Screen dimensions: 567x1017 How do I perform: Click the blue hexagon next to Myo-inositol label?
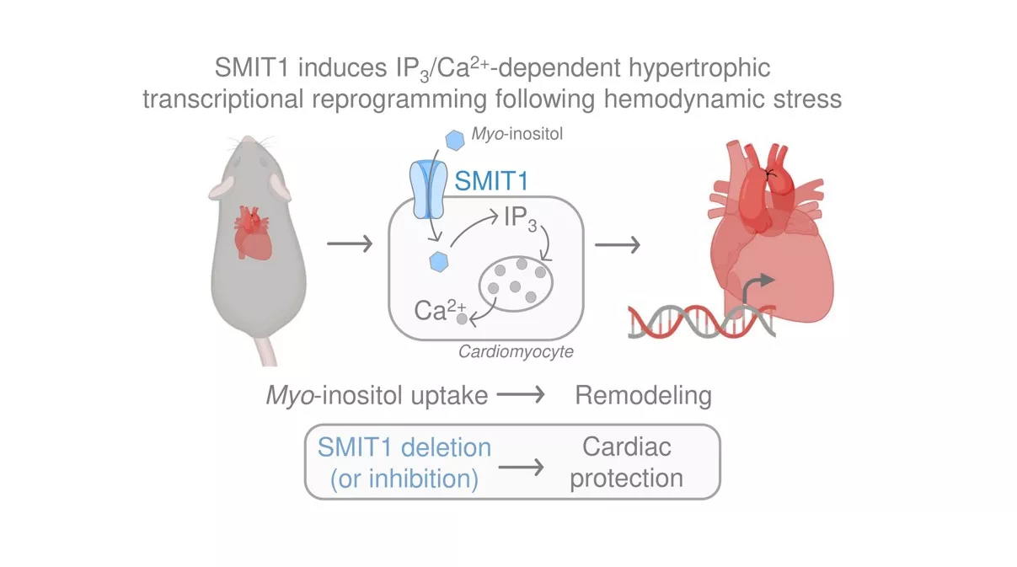point(455,139)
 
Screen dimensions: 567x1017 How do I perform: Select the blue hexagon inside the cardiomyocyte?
point(437,261)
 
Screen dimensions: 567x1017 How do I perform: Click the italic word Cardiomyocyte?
point(515,351)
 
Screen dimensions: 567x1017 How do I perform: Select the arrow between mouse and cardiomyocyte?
point(349,245)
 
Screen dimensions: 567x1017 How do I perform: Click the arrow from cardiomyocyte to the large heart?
point(617,245)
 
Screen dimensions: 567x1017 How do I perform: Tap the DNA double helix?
point(699,322)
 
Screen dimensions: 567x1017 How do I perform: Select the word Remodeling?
point(643,395)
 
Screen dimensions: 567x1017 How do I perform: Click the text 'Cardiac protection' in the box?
point(626,462)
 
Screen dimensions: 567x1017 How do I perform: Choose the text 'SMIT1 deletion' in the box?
point(404,446)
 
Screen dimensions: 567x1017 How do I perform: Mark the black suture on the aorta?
point(768,173)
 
